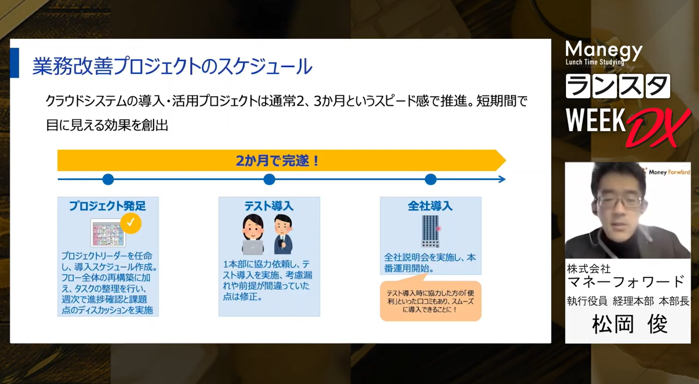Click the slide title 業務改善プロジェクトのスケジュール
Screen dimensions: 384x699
(x=172, y=66)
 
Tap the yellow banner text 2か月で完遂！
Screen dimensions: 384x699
(x=278, y=161)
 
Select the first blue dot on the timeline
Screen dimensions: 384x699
(x=108, y=179)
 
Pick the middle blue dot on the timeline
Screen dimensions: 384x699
(x=269, y=179)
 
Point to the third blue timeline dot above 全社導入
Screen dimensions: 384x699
(x=431, y=179)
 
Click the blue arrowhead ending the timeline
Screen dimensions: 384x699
(x=502, y=179)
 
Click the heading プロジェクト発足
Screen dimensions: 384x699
(x=108, y=206)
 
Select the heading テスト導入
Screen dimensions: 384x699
(x=269, y=206)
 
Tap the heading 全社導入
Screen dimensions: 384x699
(x=430, y=206)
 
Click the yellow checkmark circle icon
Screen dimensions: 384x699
(x=130, y=223)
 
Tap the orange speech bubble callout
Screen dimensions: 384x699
(x=430, y=301)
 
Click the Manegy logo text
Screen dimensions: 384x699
(x=604, y=50)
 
